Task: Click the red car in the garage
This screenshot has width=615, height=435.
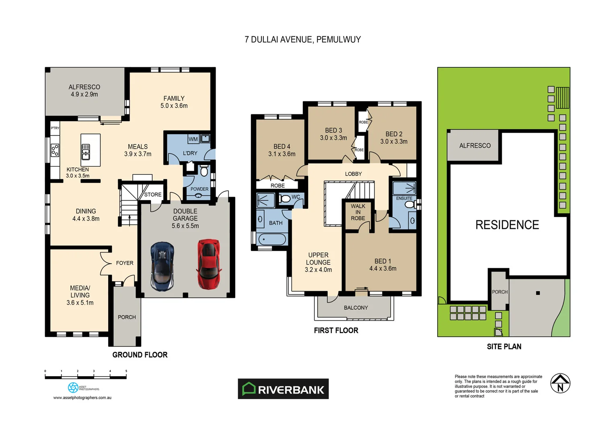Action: click(209, 264)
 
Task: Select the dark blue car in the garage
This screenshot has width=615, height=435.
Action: click(162, 266)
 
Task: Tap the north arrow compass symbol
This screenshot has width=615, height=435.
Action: click(560, 383)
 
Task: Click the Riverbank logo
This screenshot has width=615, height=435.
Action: click(283, 389)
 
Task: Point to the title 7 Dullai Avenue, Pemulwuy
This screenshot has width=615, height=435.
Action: click(302, 39)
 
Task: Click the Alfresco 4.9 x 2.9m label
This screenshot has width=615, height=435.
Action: click(84, 91)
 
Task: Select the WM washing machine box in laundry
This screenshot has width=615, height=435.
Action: click(193, 139)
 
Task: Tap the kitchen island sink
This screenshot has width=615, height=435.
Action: click(86, 152)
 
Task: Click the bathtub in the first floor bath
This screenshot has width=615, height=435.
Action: click(272, 239)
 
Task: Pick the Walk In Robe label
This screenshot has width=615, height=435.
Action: click(358, 212)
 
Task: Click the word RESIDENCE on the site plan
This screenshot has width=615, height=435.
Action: click(507, 225)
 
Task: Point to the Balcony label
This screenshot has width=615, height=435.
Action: click(356, 308)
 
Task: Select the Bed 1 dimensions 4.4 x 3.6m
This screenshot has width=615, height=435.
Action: click(383, 269)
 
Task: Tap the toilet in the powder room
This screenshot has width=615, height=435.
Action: click(204, 171)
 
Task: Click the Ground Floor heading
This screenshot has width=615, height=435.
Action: click(140, 355)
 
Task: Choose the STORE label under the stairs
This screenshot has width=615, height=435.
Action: click(153, 195)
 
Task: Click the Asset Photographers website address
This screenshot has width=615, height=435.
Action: click(82, 398)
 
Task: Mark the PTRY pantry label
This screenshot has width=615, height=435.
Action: click(55, 128)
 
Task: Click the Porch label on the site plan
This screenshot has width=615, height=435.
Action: click(500, 292)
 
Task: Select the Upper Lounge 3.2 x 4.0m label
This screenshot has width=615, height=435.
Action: click(318, 262)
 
